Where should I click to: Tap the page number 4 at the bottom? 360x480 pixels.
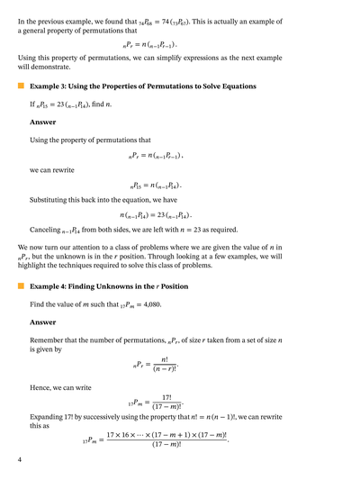[20, 459]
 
